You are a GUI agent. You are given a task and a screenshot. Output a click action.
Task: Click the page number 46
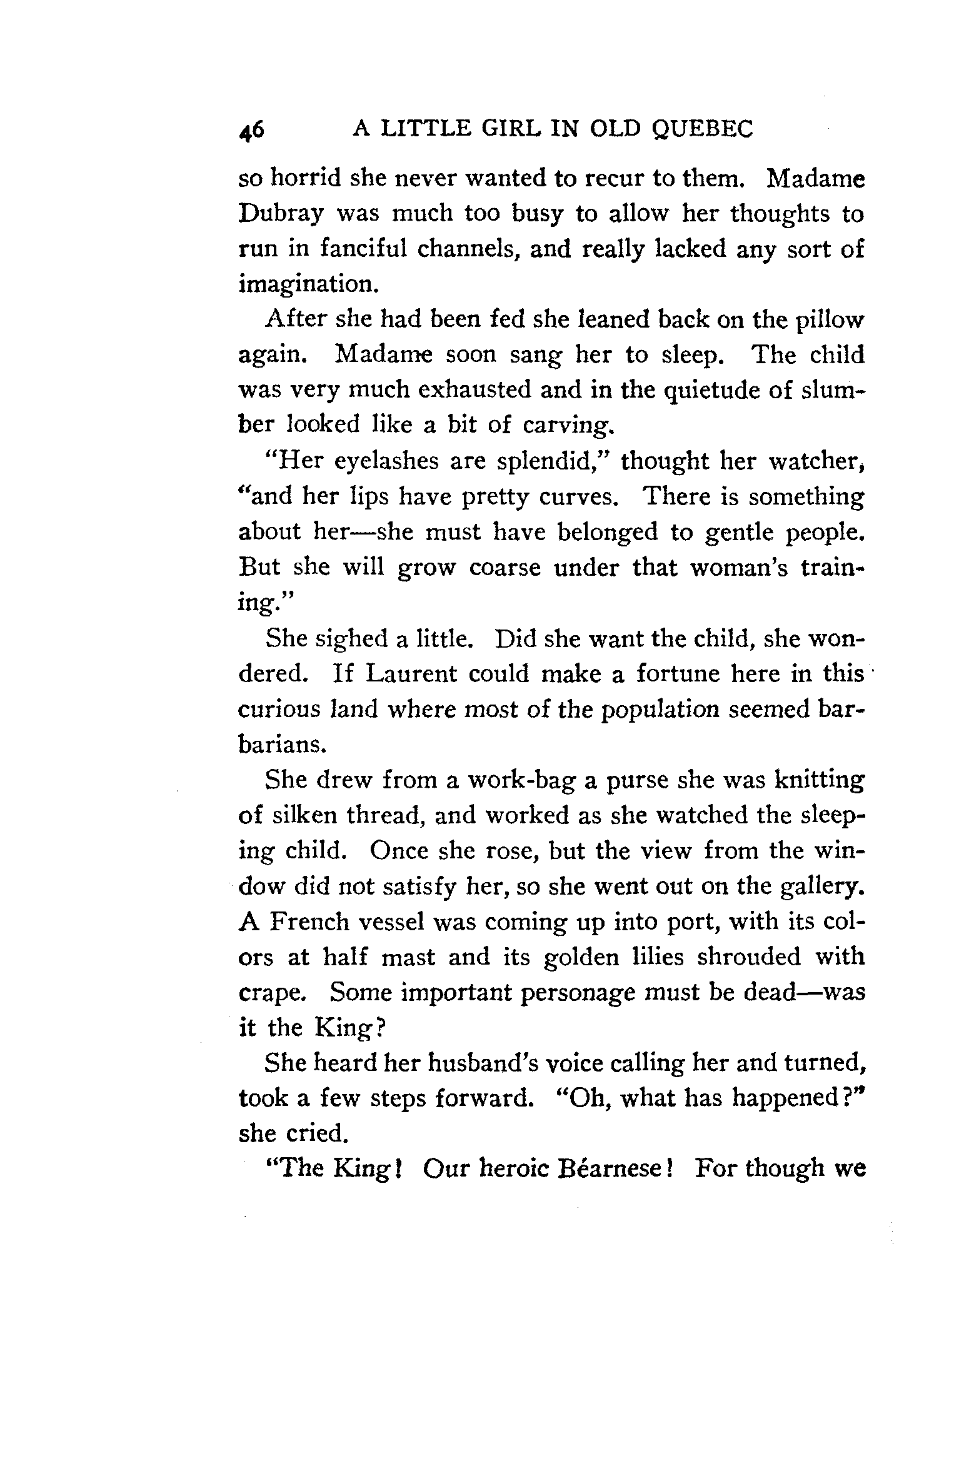(252, 130)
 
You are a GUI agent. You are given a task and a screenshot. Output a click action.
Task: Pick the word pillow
(829, 320)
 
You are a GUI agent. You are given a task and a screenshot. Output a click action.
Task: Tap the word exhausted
(474, 389)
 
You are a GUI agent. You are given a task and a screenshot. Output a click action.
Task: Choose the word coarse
(505, 568)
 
